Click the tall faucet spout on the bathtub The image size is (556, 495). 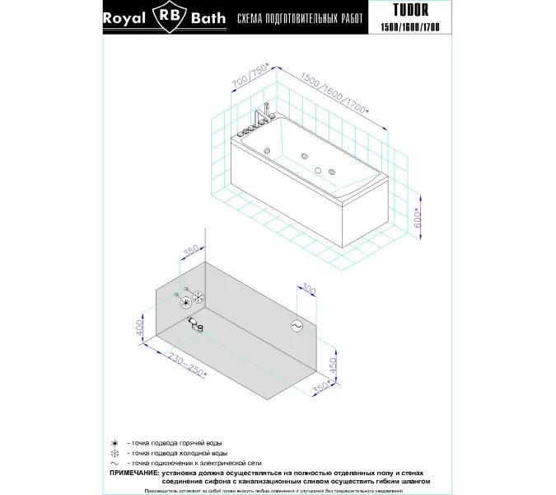click(265, 112)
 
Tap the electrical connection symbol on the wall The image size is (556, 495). click(296, 327)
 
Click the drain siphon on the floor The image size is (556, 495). click(194, 323)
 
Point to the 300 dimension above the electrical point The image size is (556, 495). click(309, 290)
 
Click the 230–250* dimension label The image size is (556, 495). click(186, 363)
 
